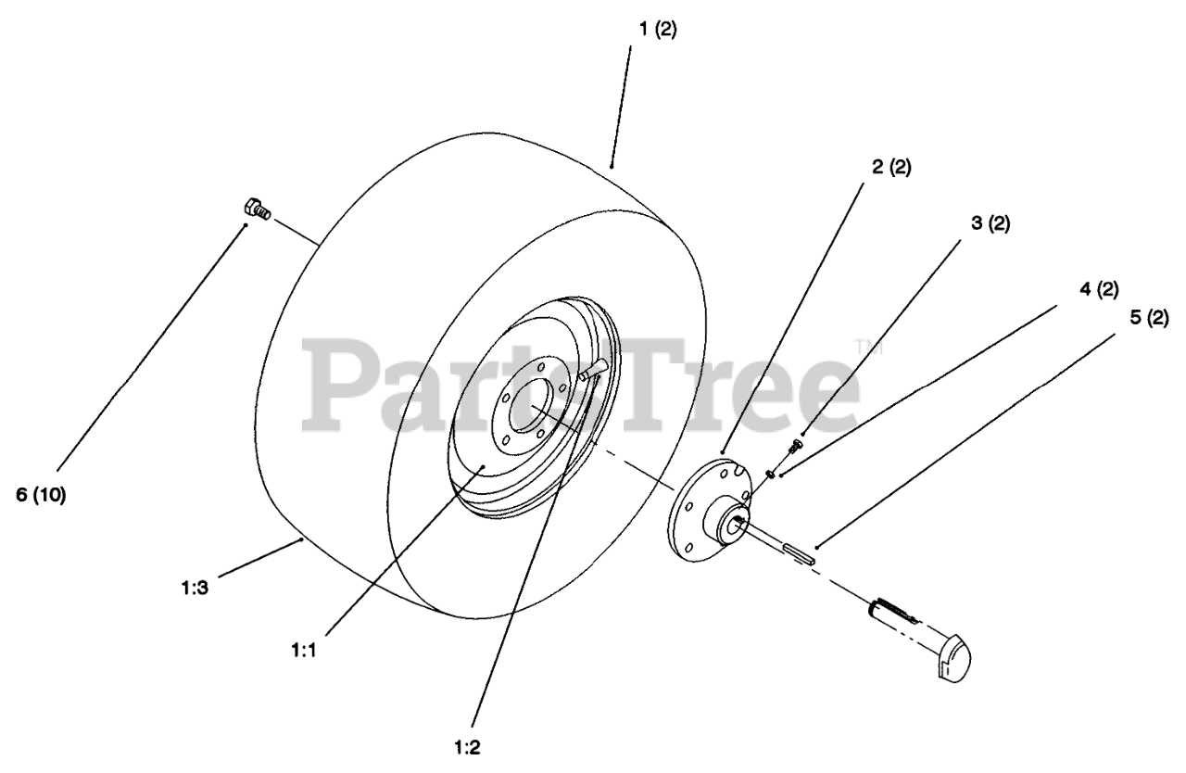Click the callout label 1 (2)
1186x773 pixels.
(x=657, y=29)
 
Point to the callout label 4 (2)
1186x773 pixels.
(x=1097, y=289)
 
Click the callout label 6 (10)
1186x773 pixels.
(x=41, y=495)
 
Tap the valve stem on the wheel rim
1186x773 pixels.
(x=593, y=367)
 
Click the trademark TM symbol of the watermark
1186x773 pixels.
(x=872, y=348)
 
